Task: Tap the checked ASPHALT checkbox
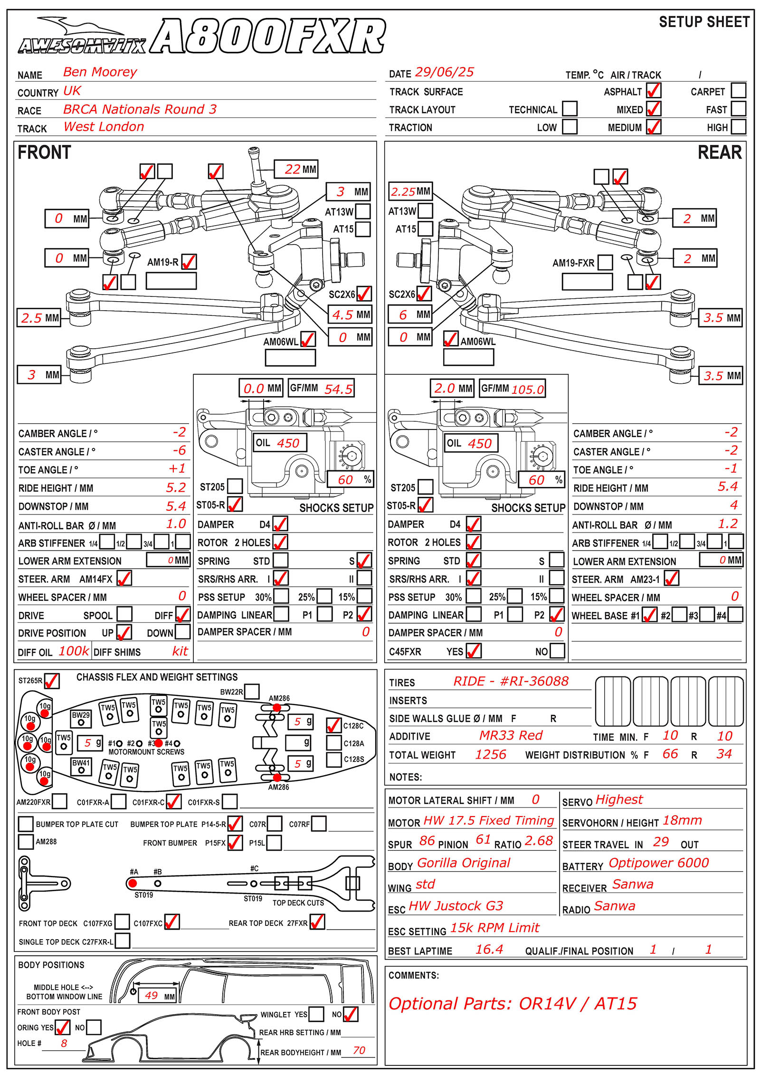click(654, 90)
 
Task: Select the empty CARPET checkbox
click(738, 90)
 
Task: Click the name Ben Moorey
click(100, 72)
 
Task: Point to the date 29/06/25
click(444, 72)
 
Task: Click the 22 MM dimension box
click(295, 169)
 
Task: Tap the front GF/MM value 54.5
click(338, 390)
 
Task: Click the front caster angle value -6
click(179, 450)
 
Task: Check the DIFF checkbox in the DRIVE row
click(182, 614)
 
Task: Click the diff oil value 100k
click(74, 651)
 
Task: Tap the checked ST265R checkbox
click(51, 680)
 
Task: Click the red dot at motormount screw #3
click(159, 743)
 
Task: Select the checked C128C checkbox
click(334, 725)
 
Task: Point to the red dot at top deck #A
click(133, 883)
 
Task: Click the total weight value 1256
click(491, 754)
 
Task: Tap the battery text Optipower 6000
click(658, 863)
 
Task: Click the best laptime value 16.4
click(489, 949)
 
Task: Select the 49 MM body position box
click(157, 996)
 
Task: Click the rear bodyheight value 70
click(359, 1050)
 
